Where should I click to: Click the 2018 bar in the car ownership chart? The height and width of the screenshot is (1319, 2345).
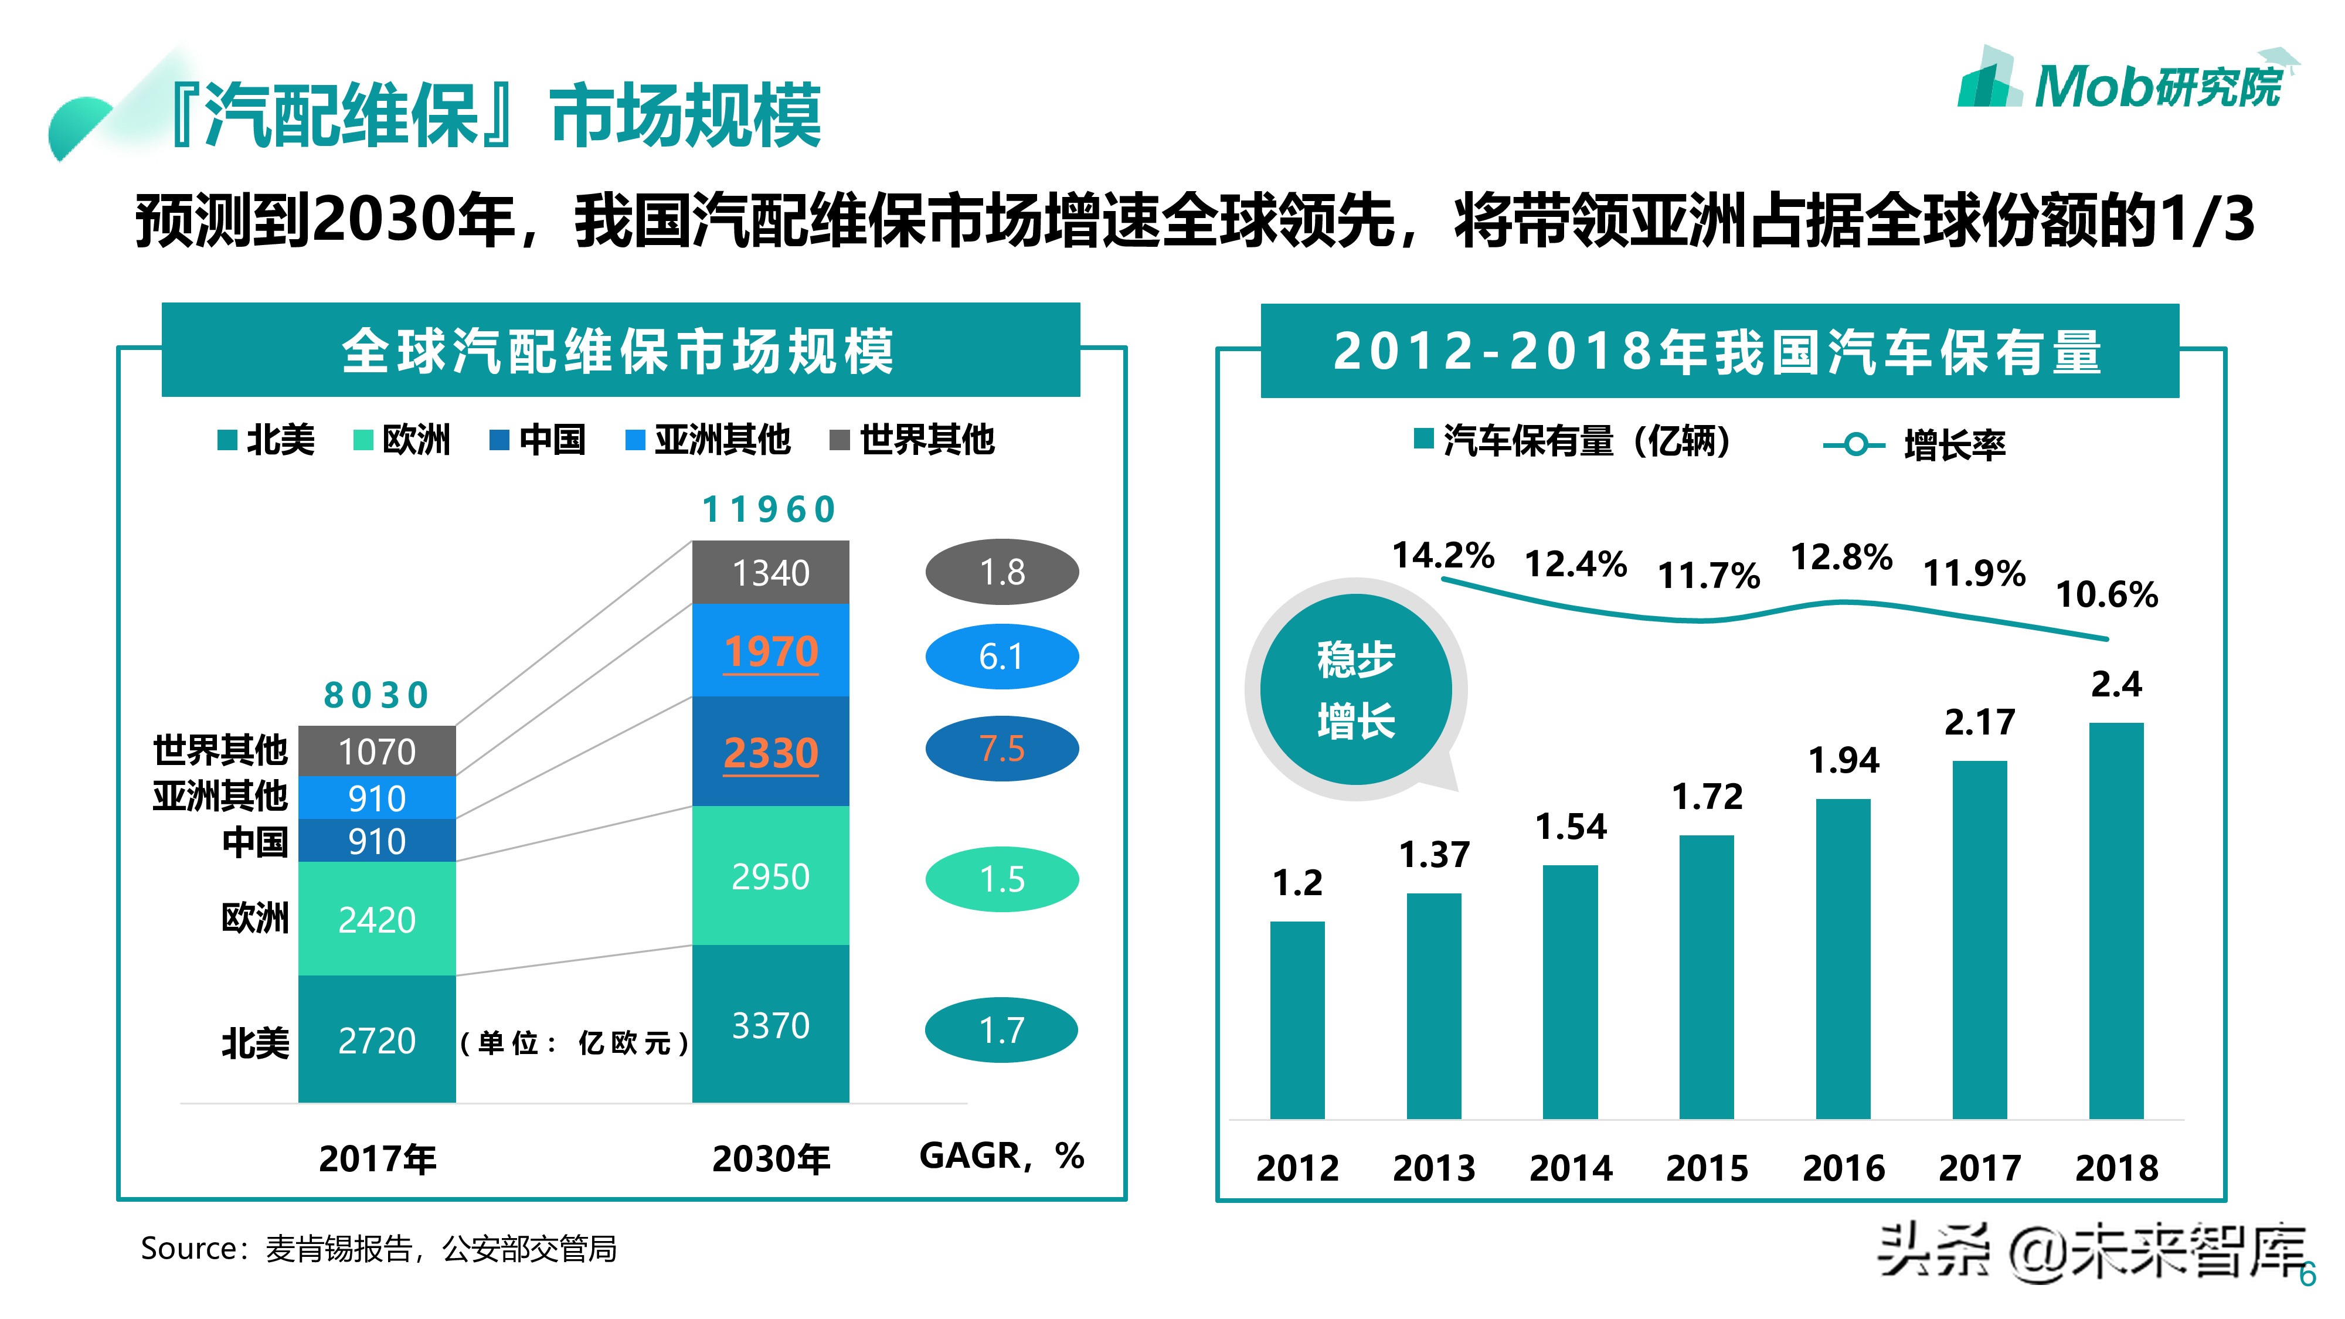(2116, 919)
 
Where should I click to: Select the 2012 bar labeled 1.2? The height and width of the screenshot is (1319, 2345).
(1297, 1019)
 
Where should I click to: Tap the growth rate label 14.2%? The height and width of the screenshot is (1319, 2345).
(1443, 555)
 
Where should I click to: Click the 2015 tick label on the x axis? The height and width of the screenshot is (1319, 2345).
(1707, 1168)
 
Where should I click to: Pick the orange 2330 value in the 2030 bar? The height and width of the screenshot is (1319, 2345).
(770, 753)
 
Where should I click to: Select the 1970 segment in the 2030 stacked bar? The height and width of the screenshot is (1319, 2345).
(770, 651)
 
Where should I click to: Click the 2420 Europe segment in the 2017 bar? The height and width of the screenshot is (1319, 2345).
(377, 919)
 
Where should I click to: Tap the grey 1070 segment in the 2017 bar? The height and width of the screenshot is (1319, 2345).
(377, 751)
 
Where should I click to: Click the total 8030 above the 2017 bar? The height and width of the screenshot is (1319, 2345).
(376, 695)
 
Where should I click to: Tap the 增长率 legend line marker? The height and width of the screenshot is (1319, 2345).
(1853, 445)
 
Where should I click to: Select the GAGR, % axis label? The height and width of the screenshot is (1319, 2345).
(1001, 1156)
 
